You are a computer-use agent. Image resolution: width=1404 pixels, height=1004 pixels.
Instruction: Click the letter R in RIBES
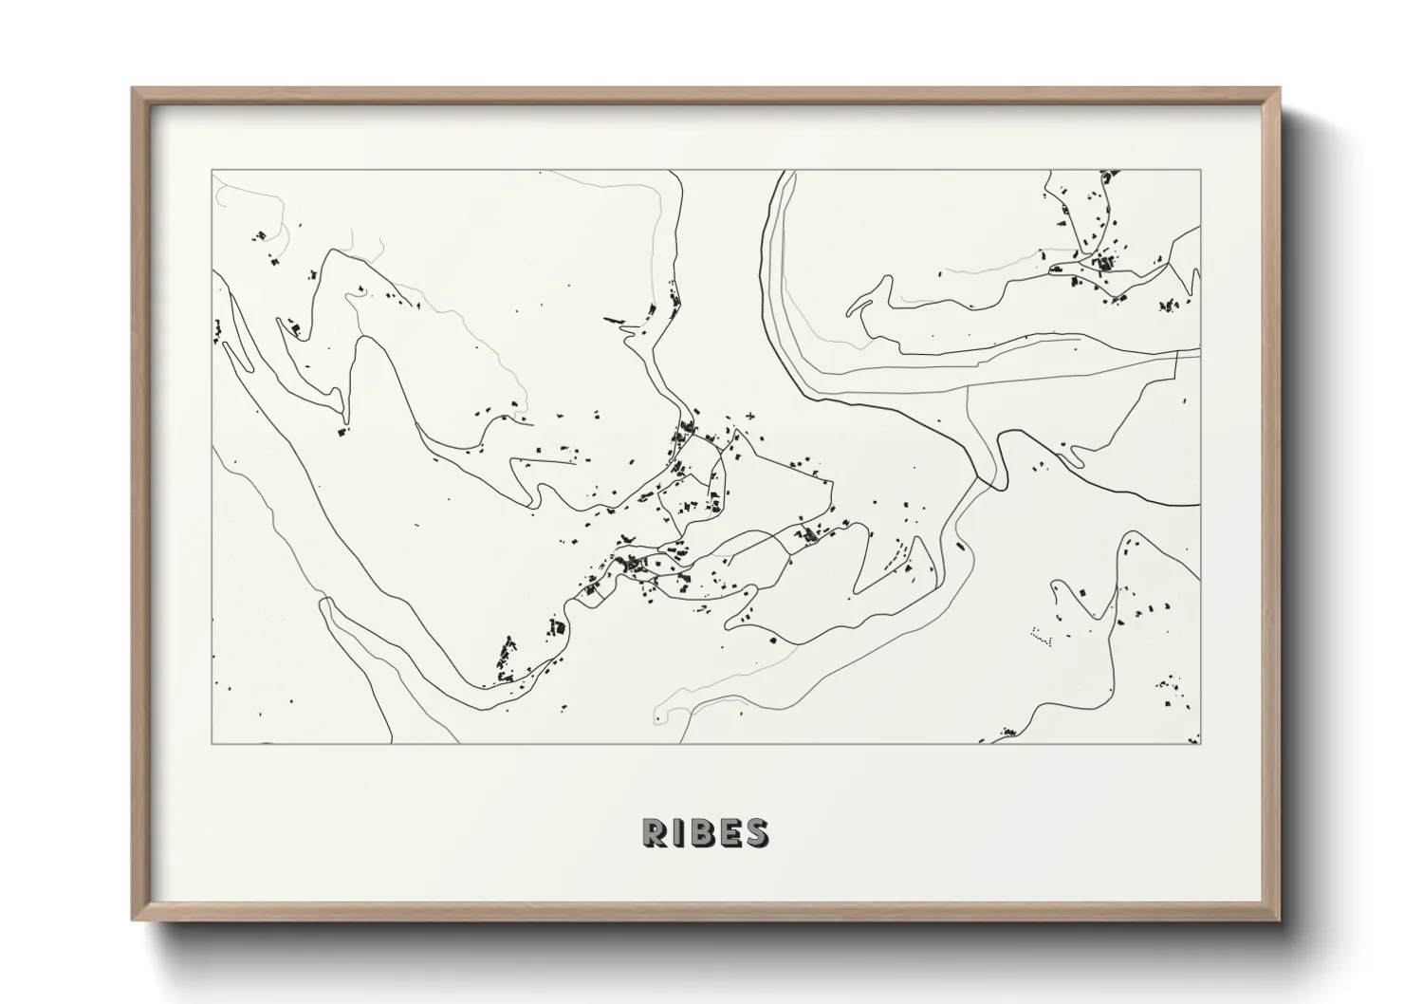[x=654, y=832]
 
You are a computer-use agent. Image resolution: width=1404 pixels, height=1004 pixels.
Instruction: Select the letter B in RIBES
[x=701, y=832]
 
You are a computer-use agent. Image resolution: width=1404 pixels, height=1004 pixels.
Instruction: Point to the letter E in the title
[x=729, y=832]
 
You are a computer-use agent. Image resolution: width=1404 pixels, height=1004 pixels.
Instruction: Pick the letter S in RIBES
[x=756, y=832]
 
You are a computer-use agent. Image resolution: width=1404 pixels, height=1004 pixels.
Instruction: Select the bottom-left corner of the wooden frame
[x=133, y=920]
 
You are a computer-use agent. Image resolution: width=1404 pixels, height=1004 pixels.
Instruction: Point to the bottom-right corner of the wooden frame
[x=1281, y=920]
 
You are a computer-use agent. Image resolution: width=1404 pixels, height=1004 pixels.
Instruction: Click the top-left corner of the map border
[x=212, y=171]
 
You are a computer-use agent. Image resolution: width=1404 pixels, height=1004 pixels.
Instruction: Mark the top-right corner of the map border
[x=1201, y=171]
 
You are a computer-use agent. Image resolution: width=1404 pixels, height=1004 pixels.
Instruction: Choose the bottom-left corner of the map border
[x=212, y=743]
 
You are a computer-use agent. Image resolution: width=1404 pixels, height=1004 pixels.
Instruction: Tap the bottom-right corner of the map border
[x=1201, y=743]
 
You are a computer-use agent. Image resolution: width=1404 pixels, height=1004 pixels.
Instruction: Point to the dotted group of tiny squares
[x=1042, y=638]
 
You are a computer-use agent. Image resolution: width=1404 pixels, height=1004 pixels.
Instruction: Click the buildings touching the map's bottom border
[x=1008, y=734]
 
